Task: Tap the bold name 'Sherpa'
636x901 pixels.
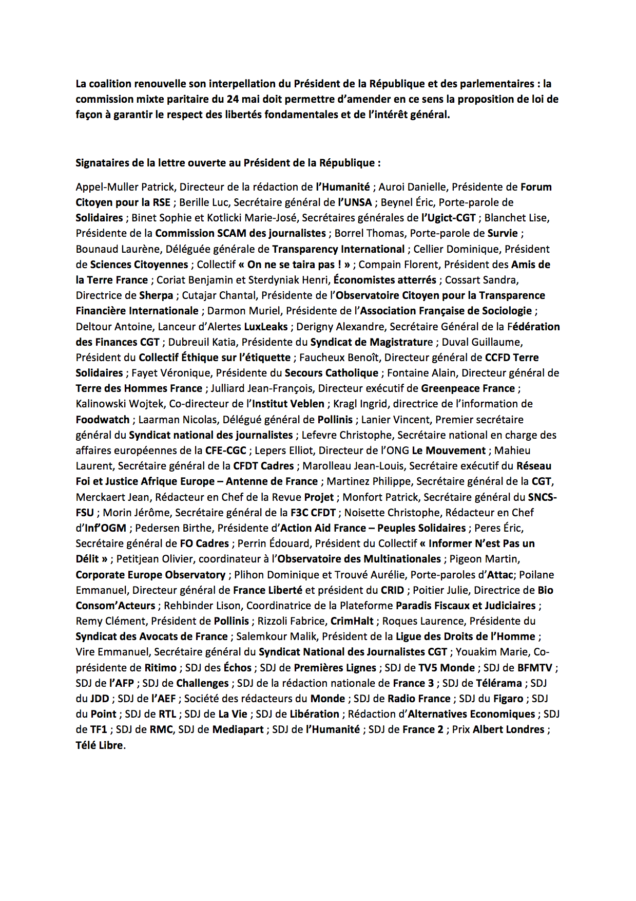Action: click(x=156, y=295)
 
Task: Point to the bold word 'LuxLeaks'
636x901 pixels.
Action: click(x=266, y=327)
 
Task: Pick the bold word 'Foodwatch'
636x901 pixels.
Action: click(x=103, y=420)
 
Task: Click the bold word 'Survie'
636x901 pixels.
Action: click(x=503, y=233)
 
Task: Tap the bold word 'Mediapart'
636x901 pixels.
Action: click(x=238, y=729)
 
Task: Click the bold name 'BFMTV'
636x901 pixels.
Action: click(x=535, y=668)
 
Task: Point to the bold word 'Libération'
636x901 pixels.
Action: click(x=315, y=714)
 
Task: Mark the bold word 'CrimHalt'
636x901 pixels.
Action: click(x=352, y=621)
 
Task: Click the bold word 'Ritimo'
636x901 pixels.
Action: click(x=161, y=668)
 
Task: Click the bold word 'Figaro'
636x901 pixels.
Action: click(x=508, y=699)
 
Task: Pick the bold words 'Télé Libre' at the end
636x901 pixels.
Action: click(x=100, y=745)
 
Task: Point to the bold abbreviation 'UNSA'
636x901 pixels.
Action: click(x=358, y=202)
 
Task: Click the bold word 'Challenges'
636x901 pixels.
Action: click(x=202, y=683)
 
